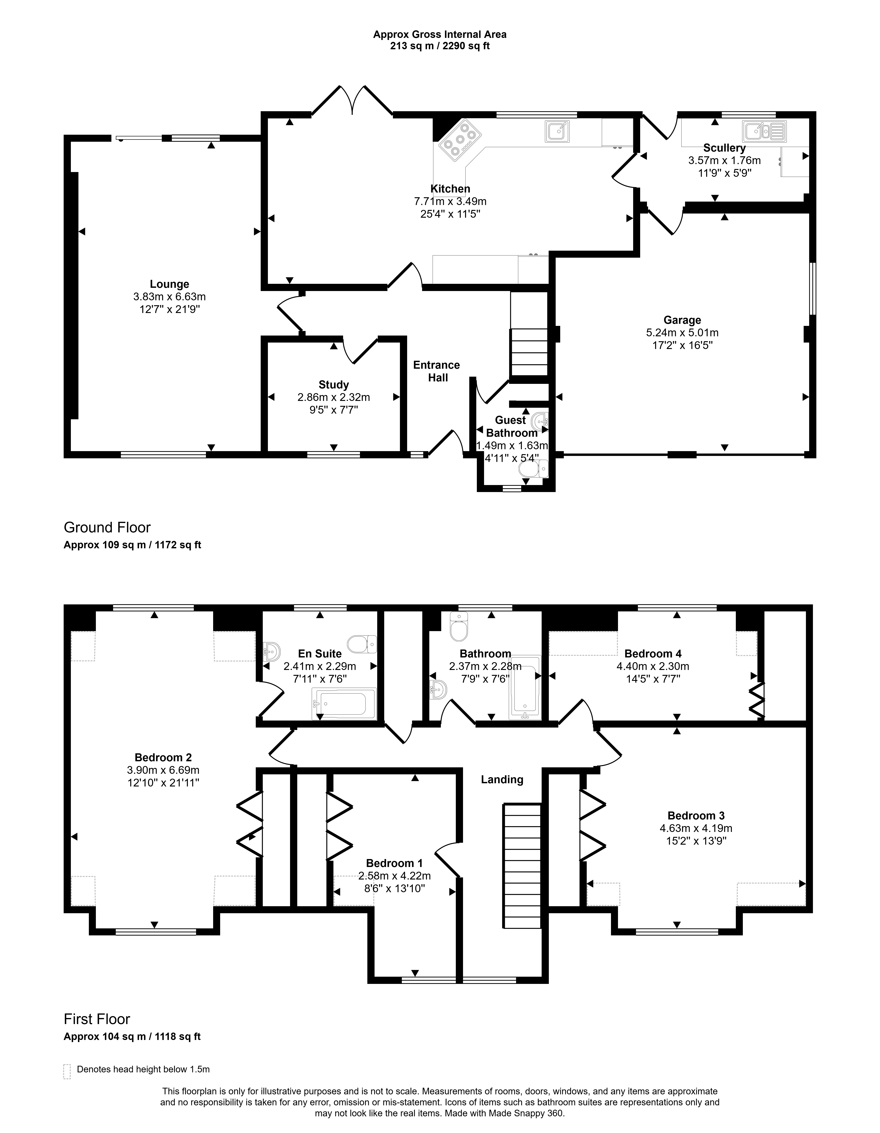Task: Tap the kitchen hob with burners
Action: coord(458,138)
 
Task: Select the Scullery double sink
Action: coord(764,131)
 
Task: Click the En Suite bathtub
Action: coord(343,704)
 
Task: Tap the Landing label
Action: coord(502,779)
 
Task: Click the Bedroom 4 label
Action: coord(653,654)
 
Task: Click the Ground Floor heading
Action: coord(107,528)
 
